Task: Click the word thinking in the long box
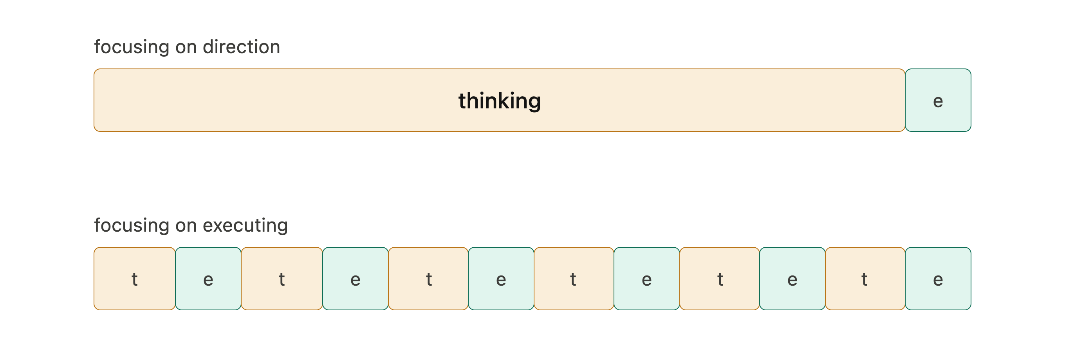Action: coord(500,101)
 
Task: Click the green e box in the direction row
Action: coord(938,100)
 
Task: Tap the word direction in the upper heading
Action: coord(242,47)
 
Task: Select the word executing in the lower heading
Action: coord(245,226)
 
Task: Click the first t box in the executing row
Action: coord(135,279)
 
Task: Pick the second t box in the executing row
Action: coord(282,279)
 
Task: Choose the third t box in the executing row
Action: coord(428,279)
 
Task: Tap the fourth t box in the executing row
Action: coord(574,279)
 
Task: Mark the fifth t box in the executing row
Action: coord(719,279)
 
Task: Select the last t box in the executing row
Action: coord(865,279)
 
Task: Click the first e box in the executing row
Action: coord(208,279)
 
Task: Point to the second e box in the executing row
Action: coord(356,279)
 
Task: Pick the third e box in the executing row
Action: coord(501,279)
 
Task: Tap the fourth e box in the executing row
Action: coord(647,279)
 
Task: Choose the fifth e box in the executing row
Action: coord(792,279)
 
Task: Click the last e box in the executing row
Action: coord(938,279)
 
